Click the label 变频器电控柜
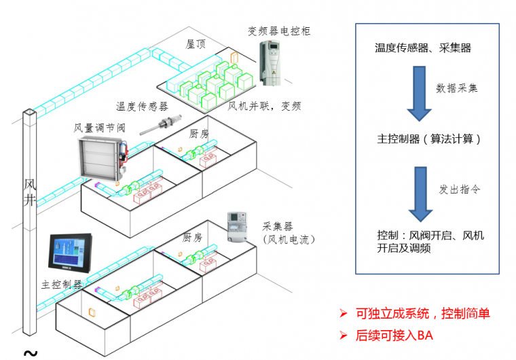click(279, 31)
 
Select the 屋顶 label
click(196, 43)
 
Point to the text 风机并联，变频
click(263, 107)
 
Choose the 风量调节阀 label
click(97, 127)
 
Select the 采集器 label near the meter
click(277, 227)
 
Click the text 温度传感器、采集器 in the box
click(423, 48)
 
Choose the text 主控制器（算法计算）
click(429, 139)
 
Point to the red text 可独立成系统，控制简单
click(422, 314)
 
